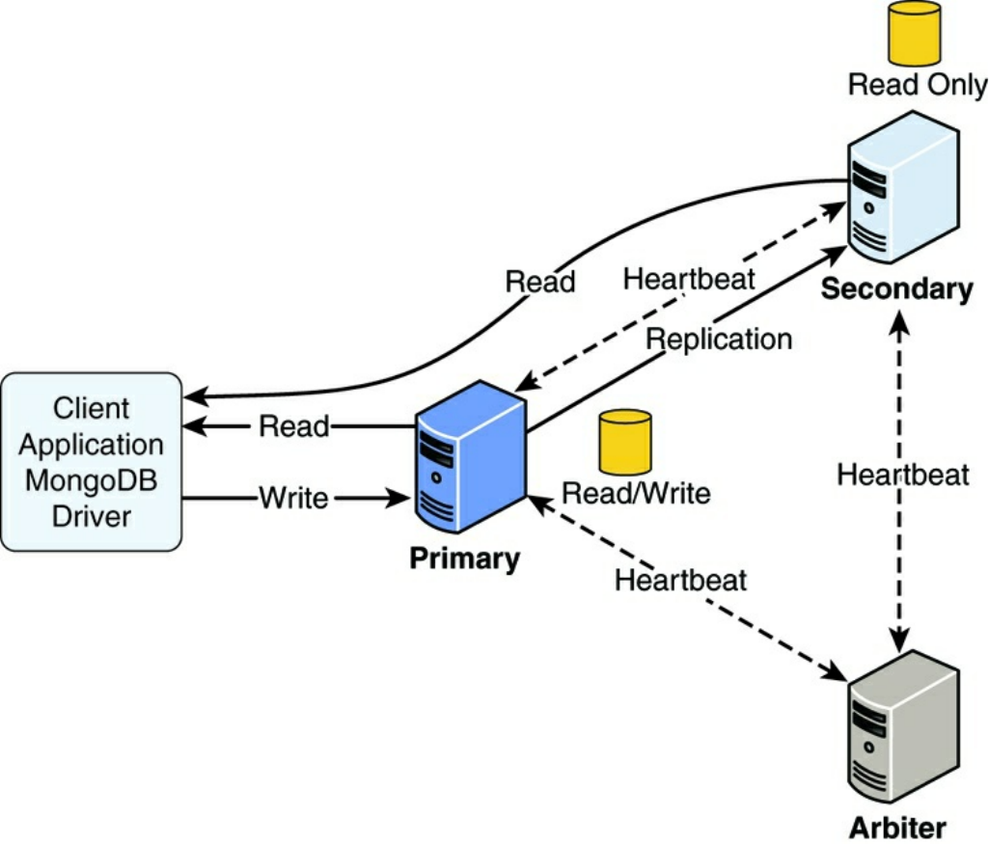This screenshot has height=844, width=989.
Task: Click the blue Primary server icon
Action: pos(471,457)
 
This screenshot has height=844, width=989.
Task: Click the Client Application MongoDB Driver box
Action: pos(92,461)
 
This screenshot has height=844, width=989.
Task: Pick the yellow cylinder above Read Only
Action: pos(914,33)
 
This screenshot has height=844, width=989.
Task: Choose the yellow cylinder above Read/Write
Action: pos(625,442)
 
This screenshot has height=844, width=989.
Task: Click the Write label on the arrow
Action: pos(293,499)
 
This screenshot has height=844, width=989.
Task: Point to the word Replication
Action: pos(719,339)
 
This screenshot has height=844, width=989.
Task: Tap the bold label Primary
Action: pos(464,558)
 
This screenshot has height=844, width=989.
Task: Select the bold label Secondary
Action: pos(897,288)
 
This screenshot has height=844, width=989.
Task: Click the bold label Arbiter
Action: pos(897,828)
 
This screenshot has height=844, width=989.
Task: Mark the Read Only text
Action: pos(917,85)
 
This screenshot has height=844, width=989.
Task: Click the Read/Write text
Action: pos(636,494)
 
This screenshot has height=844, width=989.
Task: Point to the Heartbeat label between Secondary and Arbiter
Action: pos(902,475)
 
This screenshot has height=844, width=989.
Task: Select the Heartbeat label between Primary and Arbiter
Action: pos(681,580)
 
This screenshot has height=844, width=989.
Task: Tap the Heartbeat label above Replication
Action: pos(689,279)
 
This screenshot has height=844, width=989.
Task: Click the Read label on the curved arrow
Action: pos(540,282)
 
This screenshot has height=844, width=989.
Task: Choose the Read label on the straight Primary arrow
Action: pos(294,426)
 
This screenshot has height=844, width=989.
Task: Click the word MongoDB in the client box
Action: pos(92,480)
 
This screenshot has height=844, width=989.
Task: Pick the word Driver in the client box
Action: pos(92,516)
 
